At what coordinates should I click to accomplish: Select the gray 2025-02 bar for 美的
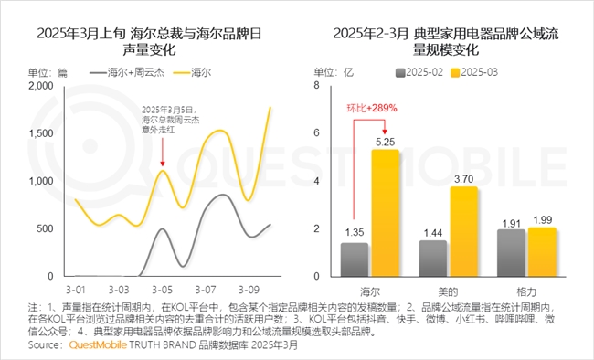point(432,259)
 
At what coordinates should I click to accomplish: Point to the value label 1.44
point(432,233)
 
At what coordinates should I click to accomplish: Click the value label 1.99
point(542,219)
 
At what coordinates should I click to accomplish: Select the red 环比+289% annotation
point(370,108)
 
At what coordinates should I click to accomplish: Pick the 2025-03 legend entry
point(475,71)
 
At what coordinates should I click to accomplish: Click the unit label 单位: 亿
point(335,71)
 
